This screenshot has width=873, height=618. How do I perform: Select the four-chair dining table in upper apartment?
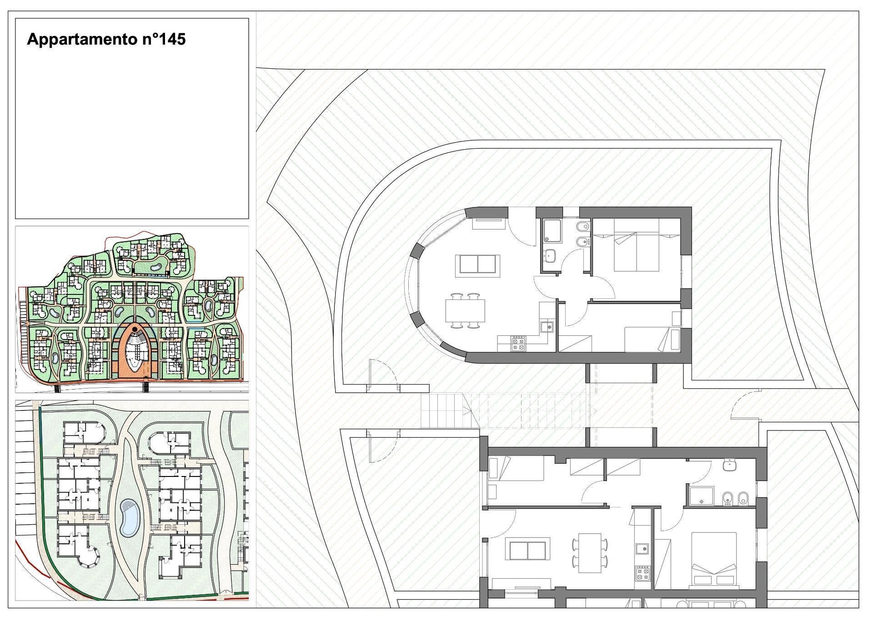tap(465, 310)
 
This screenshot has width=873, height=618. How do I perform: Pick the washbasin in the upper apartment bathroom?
tap(551, 256)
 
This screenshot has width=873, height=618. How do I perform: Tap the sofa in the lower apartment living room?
tap(528, 551)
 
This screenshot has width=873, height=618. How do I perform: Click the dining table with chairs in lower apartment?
tap(591, 553)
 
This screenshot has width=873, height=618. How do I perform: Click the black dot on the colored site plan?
tap(135, 329)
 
